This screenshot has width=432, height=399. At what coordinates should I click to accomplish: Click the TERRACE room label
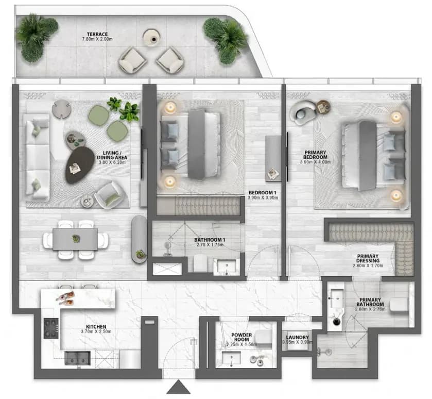click(x=97, y=34)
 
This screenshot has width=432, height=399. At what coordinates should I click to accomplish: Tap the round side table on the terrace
click(x=151, y=38)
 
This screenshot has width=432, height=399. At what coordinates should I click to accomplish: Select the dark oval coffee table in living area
click(x=79, y=165)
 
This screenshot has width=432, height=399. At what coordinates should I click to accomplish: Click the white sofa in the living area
click(x=37, y=157)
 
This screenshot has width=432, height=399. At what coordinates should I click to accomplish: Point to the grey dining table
click(x=75, y=239)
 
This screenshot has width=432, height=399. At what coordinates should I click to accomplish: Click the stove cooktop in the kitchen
click(x=51, y=328)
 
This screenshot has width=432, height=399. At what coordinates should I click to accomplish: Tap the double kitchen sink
click(x=77, y=358)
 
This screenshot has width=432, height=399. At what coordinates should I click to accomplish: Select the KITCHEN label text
click(x=96, y=327)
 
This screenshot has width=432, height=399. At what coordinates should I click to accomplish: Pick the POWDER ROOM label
click(x=241, y=337)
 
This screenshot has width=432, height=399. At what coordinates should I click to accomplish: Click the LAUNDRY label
click(x=297, y=338)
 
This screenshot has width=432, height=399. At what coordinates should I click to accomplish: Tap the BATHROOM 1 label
click(x=210, y=240)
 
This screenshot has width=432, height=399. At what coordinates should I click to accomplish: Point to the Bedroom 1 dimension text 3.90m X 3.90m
click(x=263, y=198)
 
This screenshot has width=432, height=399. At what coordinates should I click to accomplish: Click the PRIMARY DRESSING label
click(x=368, y=258)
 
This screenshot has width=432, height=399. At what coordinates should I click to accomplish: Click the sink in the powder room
click(x=231, y=358)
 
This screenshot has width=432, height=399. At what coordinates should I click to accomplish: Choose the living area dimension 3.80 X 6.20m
click(x=112, y=162)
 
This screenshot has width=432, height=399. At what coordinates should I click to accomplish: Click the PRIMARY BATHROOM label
click(x=370, y=302)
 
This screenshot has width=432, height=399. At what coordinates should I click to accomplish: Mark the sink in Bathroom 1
click(x=226, y=267)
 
